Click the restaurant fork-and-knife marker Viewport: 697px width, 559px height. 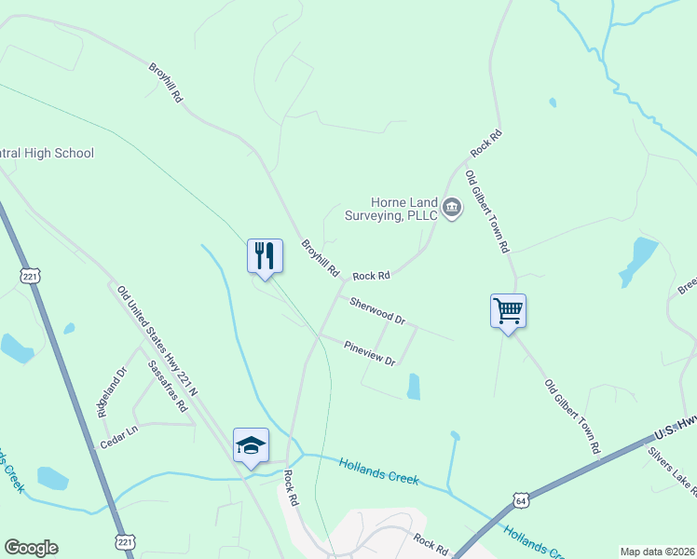(265, 255)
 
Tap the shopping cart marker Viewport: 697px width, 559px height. (508, 310)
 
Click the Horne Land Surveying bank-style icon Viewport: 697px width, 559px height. (452, 207)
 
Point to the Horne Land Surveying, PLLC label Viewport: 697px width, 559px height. (403, 208)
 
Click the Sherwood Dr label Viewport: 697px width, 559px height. (377, 311)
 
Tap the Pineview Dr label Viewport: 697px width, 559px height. (370, 352)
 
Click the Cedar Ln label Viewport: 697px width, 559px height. (118, 431)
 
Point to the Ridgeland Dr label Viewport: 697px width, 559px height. (109, 394)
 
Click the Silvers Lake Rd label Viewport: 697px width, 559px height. (672, 470)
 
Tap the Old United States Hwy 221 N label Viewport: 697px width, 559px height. (157, 341)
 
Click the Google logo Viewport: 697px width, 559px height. (31, 548)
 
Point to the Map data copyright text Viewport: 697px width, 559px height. (657, 552)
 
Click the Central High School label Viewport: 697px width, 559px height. (47, 153)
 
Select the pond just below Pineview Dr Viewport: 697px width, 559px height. (413, 387)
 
